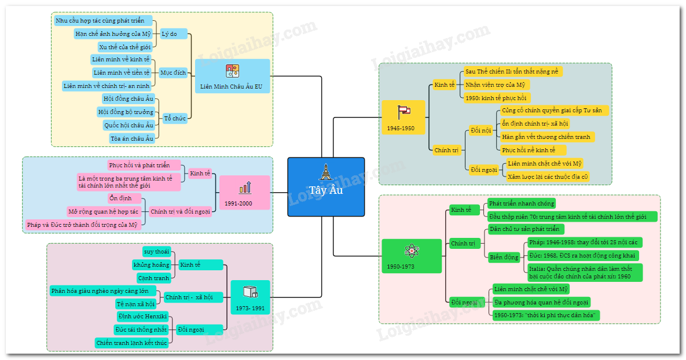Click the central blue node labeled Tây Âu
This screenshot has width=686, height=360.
click(x=326, y=186)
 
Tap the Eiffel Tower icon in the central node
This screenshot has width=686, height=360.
click(x=326, y=171)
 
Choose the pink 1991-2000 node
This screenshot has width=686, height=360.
click(x=244, y=192)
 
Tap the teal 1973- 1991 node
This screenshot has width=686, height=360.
click(x=250, y=297)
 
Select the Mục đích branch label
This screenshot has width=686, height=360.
click(x=173, y=72)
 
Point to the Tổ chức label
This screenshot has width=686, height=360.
click(x=175, y=118)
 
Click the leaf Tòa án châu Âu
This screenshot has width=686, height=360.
click(x=132, y=138)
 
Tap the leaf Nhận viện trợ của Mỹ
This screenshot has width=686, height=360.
click(x=496, y=85)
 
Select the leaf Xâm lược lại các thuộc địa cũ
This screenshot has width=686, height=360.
click(x=548, y=177)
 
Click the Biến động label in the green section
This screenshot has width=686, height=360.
click(x=504, y=257)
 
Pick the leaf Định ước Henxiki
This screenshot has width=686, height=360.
click(x=142, y=317)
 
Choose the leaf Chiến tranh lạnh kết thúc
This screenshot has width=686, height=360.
click(x=132, y=343)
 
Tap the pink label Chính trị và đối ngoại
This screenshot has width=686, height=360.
click(x=179, y=211)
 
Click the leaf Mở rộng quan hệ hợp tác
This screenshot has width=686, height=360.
click(x=103, y=211)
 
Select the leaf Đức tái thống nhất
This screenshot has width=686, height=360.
click(x=141, y=329)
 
